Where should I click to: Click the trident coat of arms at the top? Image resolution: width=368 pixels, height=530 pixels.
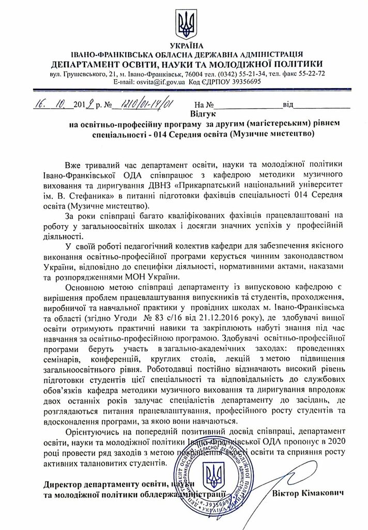coord(185,22)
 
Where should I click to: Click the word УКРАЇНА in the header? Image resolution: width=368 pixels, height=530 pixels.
coord(184,46)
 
